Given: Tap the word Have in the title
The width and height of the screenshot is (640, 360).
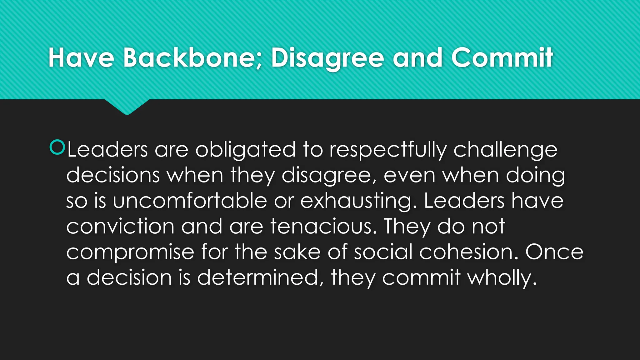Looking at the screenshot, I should tap(81, 58).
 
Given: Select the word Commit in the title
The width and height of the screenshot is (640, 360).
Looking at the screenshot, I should tap(502, 58).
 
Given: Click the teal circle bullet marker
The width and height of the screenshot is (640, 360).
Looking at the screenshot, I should tap(57, 147).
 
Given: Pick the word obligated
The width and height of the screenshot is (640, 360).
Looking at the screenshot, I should tap(245, 150).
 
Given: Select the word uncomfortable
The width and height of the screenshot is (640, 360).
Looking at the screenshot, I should tap(190, 201).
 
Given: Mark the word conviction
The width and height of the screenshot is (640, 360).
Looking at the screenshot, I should tap(120, 226).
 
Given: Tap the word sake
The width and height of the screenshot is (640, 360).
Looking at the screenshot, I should tap(297, 252).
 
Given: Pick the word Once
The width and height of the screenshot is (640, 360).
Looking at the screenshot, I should tap(554, 252).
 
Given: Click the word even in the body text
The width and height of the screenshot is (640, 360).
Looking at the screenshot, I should tap(409, 175).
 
